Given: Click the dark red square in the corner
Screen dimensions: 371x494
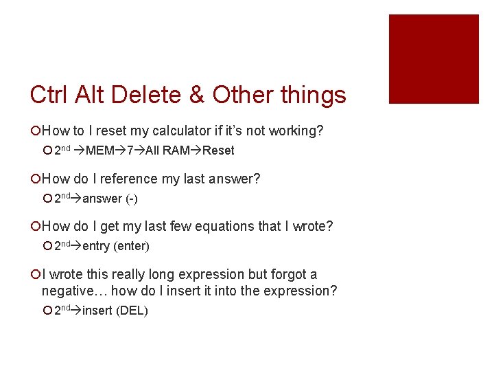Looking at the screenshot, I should coord(434,59).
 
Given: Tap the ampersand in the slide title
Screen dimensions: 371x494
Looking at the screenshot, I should coord(196,95).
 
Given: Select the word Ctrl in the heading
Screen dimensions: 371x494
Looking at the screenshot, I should coord(51,95).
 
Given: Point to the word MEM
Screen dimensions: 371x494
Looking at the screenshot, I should coord(101,150).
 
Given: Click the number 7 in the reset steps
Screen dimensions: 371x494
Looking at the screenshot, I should coord(130,150).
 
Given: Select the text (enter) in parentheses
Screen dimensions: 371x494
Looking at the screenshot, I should coord(130,246).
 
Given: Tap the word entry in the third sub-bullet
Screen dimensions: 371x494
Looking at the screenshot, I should coord(96,246).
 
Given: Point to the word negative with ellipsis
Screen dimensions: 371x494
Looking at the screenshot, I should coord(69,291).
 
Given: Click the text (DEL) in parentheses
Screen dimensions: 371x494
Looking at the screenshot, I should coord(132,311).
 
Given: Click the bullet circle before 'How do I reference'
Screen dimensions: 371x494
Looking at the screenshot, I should coord(35,179).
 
